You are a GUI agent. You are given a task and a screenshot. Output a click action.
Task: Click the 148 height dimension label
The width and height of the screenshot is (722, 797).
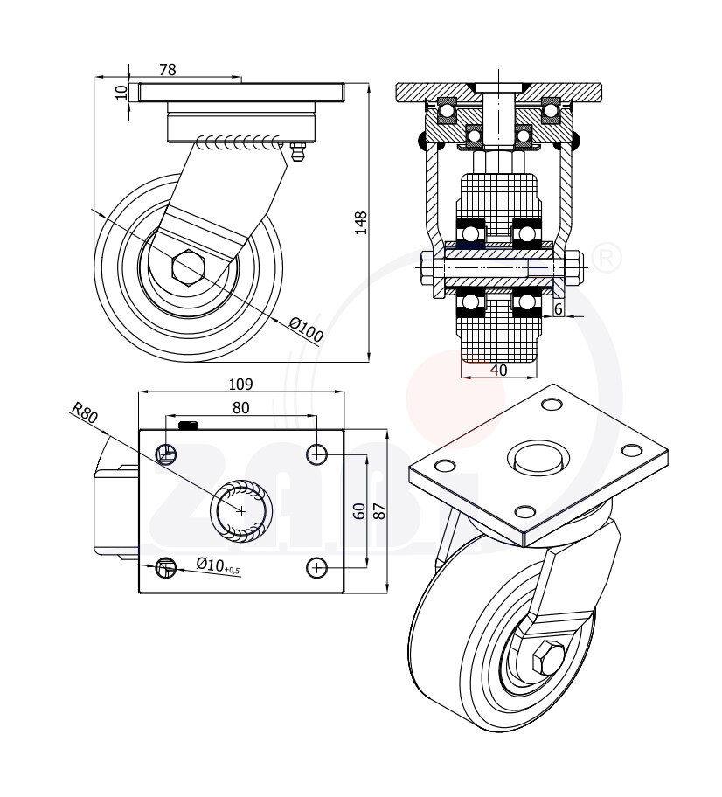(361, 223)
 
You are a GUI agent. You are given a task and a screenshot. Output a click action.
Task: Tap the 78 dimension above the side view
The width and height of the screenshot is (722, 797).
(168, 70)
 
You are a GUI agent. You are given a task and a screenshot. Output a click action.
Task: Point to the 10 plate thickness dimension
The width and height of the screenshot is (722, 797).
(121, 91)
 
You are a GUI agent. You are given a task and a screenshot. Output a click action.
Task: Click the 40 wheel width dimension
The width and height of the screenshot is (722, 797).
(498, 370)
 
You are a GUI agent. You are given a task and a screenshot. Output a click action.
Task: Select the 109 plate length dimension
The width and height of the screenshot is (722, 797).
(240, 384)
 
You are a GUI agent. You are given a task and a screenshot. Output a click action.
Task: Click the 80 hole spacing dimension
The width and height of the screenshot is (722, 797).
(240, 407)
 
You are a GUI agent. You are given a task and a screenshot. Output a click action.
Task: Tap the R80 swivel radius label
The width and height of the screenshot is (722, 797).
(85, 412)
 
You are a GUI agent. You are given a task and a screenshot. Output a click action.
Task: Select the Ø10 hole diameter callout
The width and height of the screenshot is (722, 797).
(215, 565)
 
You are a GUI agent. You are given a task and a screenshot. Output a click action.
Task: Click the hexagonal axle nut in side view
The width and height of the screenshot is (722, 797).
(188, 266)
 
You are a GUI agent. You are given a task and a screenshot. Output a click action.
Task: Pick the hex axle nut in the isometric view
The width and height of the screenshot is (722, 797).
(550, 657)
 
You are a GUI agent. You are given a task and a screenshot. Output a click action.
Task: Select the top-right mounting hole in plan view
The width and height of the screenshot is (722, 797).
(317, 454)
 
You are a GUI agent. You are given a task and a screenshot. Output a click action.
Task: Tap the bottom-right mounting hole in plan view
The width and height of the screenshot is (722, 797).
(317, 568)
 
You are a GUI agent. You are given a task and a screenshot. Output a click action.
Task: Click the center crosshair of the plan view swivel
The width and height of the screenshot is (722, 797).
(241, 510)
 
